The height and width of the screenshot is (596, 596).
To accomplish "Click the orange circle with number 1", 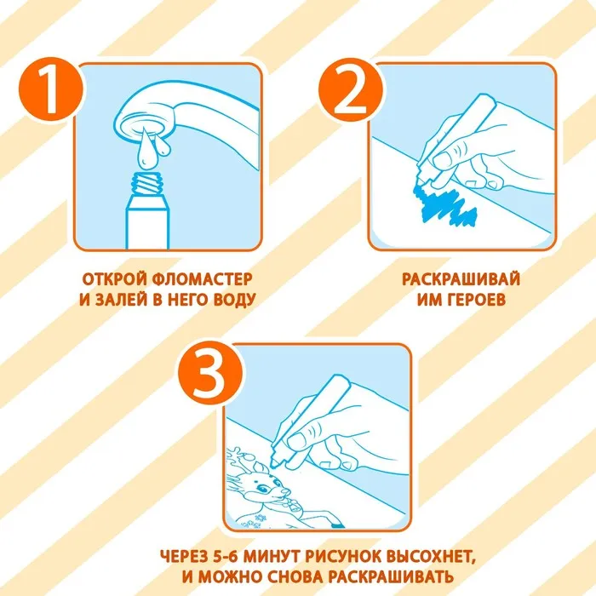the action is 50,89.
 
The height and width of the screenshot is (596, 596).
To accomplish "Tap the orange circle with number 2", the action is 350,89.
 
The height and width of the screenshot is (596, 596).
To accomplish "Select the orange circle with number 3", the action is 209,373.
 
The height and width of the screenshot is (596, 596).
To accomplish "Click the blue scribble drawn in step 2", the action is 444,206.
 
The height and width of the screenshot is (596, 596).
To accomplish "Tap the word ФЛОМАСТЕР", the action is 202,279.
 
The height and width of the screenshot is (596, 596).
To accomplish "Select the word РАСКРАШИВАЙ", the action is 461,279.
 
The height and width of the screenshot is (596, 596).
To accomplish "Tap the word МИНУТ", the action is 271,557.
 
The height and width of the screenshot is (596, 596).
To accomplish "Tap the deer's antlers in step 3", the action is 240,460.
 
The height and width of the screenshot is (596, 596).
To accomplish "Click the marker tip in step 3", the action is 274,464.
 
